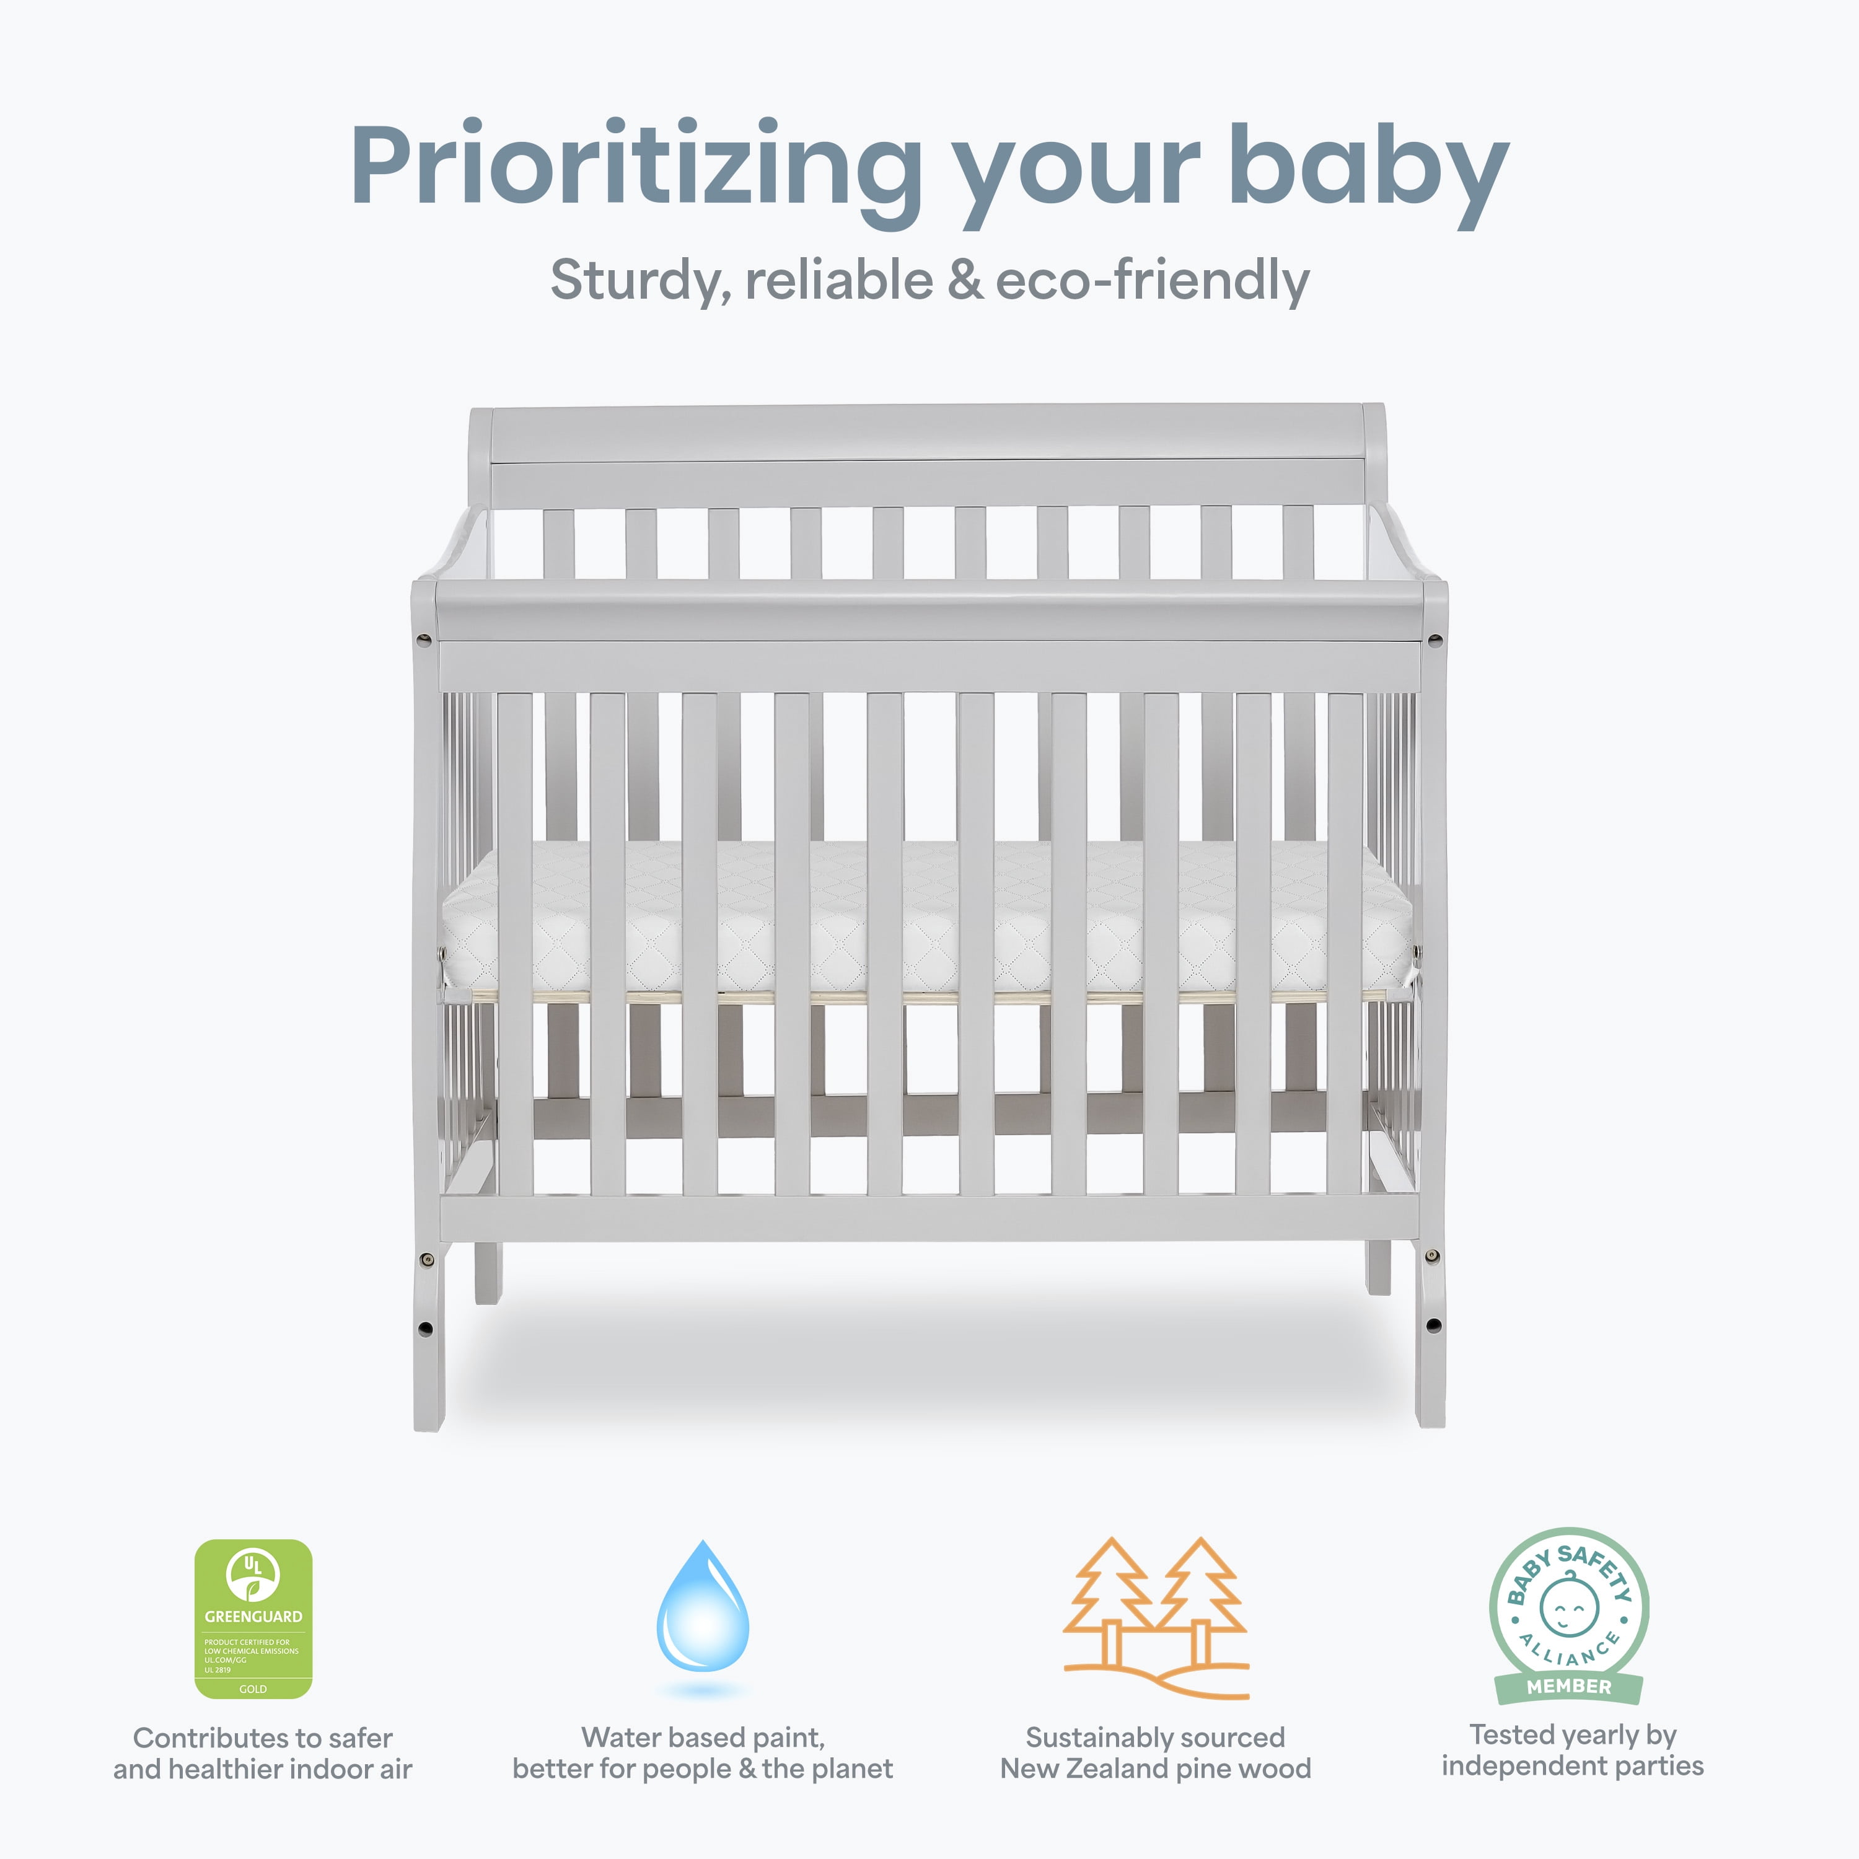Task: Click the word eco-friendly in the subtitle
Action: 1152,281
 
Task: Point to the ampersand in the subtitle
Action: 965,281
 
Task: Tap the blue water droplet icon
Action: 703,1607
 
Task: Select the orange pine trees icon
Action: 1154,1617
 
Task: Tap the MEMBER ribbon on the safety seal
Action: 1568,1685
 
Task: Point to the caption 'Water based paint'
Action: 703,1737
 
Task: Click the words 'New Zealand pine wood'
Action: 1154,1769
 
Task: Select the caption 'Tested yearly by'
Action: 1572,1734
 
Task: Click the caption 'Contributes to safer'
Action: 263,1738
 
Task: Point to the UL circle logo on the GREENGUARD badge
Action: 252,1572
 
